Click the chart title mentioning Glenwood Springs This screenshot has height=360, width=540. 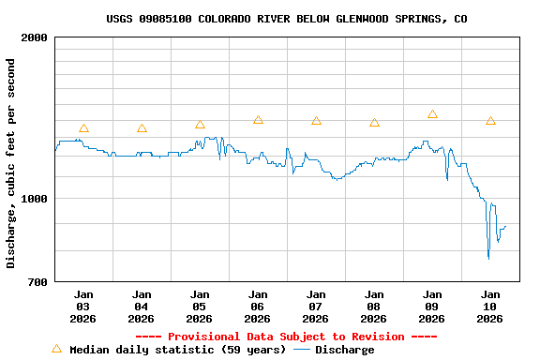point(287,19)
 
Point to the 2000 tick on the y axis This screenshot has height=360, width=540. point(34,37)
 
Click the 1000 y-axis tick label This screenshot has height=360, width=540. point(34,199)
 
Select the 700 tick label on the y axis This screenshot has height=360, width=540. point(37,282)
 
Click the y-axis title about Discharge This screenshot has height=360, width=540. point(11,163)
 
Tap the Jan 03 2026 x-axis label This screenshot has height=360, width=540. point(83,307)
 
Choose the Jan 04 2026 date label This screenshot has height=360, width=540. point(142,307)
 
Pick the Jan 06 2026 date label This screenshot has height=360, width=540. point(258,307)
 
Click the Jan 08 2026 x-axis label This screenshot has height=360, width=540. point(374,307)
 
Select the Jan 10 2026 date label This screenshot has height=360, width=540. point(490,307)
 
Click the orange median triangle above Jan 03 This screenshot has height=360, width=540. point(83,128)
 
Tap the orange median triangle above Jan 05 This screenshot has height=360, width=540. point(200,125)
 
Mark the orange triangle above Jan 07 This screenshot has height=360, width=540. point(316,121)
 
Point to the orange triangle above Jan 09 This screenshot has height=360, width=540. point(432,114)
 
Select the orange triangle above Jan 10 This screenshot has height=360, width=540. point(490,121)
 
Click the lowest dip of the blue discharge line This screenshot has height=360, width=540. point(488,258)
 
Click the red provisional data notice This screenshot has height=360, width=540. point(287,337)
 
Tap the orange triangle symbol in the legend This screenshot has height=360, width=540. point(56,349)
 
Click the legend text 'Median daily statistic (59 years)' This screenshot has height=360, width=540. point(177,350)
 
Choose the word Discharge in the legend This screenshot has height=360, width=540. point(344,350)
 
